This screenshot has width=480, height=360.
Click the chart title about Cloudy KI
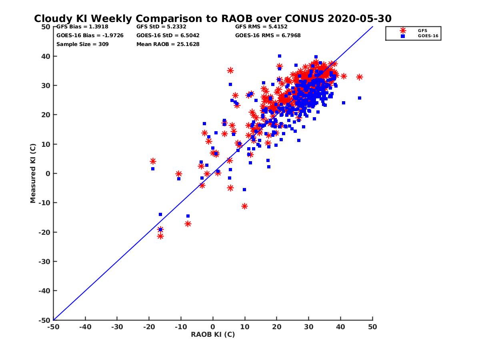[213, 19]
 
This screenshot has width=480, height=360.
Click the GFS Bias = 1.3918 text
[82, 27]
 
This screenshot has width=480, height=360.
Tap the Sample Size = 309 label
[82, 44]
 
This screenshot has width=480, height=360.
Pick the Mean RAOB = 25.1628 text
[168, 44]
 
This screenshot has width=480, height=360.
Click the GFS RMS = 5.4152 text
[261, 27]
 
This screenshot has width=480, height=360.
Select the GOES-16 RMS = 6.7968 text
[268, 36]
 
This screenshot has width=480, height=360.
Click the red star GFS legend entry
[403, 30]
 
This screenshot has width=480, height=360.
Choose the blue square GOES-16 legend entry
[403, 36]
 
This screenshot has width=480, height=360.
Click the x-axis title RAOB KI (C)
[213, 334]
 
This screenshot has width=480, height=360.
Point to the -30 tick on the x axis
[117, 327]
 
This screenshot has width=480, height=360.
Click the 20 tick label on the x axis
[277, 327]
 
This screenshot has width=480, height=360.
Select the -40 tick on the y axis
[44, 291]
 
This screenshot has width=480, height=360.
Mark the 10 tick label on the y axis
[46, 144]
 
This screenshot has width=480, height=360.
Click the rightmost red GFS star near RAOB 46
[360, 77]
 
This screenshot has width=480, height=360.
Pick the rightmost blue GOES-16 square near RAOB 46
[360, 98]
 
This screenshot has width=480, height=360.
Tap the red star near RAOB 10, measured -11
[244, 206]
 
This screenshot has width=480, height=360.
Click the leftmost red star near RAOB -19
[153, 161]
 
